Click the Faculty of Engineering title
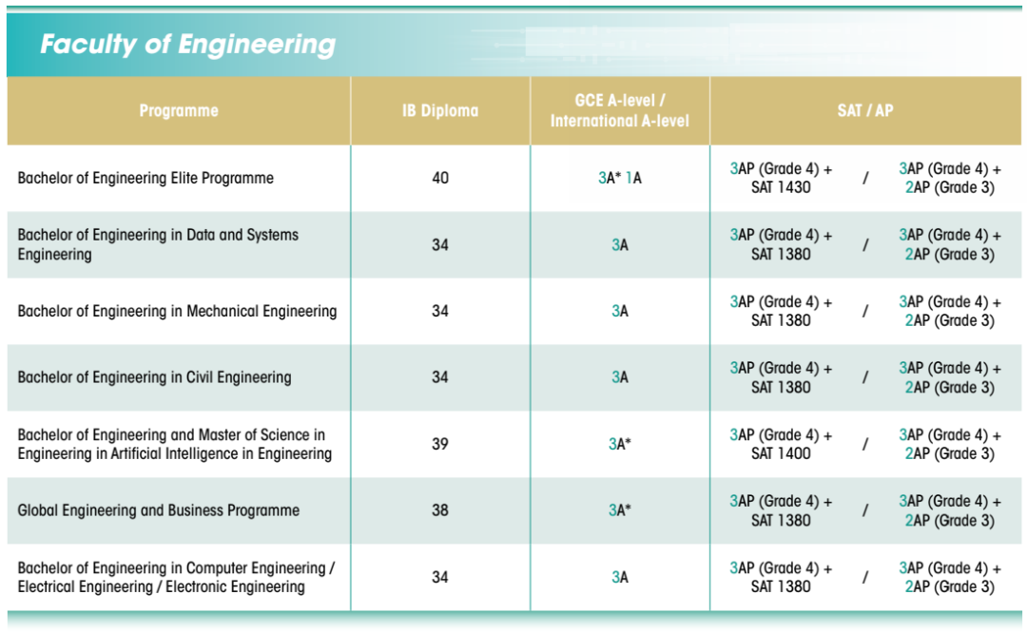(187, 45)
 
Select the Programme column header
(179, 110)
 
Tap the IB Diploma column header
(439, 110)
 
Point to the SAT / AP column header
(864, 110)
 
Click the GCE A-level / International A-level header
(619, 110)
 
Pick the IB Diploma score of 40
(440, 178)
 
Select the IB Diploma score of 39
(440, 444)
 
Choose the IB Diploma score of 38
(440, 510)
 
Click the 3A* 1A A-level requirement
(620, 178)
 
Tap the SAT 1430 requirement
(781, 187)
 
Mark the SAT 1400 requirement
(781, 453)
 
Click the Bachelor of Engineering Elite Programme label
(145, 178)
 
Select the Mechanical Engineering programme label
(177, 311)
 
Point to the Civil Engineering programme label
(154, 377)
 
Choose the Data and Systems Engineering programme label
(158, 244)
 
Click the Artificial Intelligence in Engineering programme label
(174, 444)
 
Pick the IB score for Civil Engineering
(440, 377)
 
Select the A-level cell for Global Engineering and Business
(620, 510)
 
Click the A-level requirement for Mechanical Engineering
(620, 311)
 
